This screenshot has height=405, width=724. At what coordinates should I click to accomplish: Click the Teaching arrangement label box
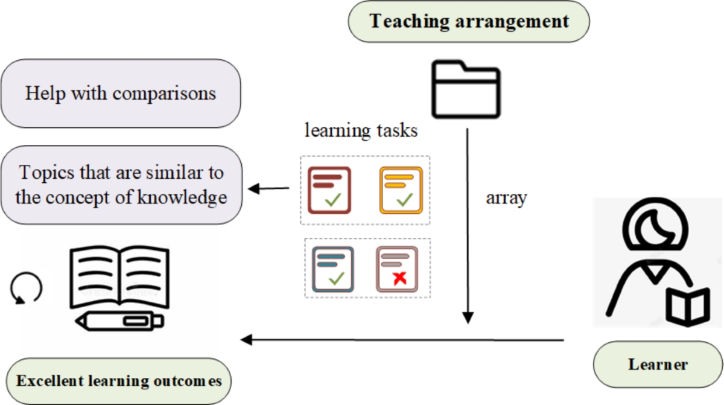coord(469,22)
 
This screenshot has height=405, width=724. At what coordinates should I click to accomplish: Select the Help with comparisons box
coord(121,94)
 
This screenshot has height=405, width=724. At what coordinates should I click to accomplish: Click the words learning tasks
coord(361,130)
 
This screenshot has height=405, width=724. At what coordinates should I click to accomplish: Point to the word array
coord(506,197)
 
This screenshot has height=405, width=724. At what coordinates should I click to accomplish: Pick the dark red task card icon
coord(329,190)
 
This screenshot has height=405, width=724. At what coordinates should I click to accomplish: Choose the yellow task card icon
coord(401,190)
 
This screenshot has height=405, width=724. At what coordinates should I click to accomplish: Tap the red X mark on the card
coord(398,278)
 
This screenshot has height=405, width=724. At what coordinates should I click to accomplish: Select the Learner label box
coord(658,365)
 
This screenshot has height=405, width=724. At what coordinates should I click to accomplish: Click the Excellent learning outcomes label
coord(119,381)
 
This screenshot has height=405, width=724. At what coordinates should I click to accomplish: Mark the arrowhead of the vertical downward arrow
coord(468,317)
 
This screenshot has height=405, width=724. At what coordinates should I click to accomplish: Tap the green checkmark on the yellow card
coord(404,199)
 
